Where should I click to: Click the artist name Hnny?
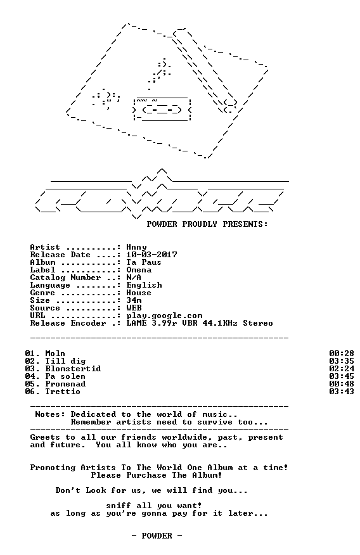coord(136,247)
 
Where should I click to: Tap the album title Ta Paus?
coord(144,262)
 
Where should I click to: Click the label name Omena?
coord(139,270)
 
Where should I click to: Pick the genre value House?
coord(139,293)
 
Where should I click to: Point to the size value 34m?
coord(134,300)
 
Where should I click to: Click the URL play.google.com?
coord(164,316)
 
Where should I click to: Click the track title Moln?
coord(55,354)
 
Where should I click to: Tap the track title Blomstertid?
coord(73,369)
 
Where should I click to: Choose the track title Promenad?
coord(65,384)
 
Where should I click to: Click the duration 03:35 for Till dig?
coord(342,361)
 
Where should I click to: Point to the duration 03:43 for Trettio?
coord(342,392)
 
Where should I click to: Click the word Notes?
coord(50,414)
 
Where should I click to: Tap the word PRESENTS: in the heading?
coord(245,224)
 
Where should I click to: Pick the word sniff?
coord(119,506)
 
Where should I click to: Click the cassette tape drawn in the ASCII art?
coord(162,109)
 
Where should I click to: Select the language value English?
coord(144,285)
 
